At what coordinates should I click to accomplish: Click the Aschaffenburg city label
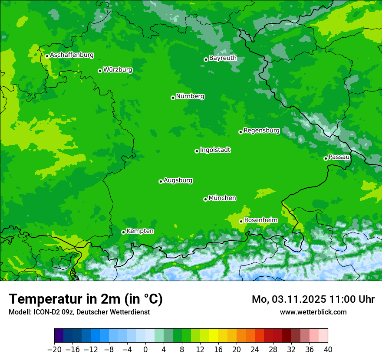(72, 55)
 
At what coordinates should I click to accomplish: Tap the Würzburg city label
(118, 70)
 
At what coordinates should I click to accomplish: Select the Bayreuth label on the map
(223, 58)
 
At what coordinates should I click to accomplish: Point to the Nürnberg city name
(190, 96)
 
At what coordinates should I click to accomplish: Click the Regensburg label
(261, 131)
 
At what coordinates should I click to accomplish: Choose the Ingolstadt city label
(215, 150)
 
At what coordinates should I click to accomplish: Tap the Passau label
(339, 157)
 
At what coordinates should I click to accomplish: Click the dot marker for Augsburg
(161, 181)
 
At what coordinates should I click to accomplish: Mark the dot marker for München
(205, 199)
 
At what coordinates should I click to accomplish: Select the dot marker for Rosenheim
(241, 221)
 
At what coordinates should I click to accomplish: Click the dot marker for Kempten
(123, 232)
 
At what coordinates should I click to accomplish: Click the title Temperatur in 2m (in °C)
(86, 299)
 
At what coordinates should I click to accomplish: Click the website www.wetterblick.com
(313, 312)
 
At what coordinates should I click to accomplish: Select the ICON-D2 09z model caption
(79, 312)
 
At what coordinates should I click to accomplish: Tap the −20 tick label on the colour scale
(54, 349)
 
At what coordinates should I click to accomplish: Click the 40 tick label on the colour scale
(328, 349)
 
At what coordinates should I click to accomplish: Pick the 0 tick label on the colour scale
(145, 349)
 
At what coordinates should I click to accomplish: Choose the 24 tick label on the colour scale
(255, 349)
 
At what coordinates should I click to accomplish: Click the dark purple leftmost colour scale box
(59, 336)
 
